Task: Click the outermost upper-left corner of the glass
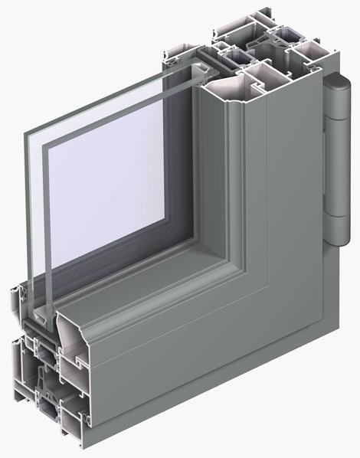[x=21, y=133]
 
